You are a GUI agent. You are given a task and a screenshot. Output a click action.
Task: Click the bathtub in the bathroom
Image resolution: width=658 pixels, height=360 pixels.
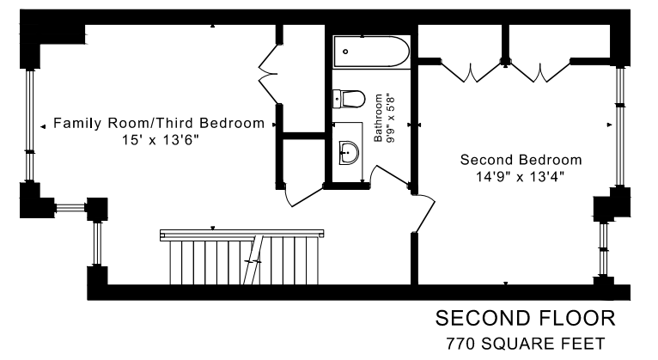tap(371, 52)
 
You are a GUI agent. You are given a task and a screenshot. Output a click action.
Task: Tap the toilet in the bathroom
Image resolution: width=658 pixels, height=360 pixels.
tap(349, 99)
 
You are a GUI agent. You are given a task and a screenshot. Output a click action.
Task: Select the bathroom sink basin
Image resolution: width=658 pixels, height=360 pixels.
tap(349, 153)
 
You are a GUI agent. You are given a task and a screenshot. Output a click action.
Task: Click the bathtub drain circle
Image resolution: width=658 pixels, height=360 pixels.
tap(345, 52)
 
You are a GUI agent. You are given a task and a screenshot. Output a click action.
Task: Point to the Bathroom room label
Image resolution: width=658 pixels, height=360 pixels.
tap(378, 118)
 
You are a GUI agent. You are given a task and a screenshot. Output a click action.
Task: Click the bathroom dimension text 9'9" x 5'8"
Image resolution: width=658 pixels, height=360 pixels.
tap(391, 120)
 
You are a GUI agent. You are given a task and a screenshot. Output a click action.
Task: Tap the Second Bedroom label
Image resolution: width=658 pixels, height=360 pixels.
tap(521, 160)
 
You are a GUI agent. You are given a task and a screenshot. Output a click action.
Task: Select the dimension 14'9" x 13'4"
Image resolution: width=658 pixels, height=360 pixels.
tap(520, 177)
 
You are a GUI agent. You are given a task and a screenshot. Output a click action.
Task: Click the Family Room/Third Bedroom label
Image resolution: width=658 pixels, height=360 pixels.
tap(159, 123)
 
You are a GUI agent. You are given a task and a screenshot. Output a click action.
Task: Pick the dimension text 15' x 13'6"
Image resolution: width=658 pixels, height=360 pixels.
tap(160, 140)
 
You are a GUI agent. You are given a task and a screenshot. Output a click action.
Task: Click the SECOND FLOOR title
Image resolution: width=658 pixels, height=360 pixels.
tap(526, 319)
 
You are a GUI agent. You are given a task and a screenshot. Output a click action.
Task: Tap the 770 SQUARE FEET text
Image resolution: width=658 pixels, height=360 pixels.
tap(526, 344)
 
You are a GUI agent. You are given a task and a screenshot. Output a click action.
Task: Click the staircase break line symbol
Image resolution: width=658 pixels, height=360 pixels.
tap(253, 260)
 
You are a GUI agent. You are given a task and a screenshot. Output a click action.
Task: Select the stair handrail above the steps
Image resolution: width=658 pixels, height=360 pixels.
tap(241, 235)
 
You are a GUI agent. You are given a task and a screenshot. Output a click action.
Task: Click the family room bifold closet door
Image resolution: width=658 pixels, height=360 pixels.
tap(269, 73)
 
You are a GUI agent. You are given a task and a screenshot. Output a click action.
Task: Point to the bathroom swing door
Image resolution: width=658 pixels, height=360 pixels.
tap(389, 175)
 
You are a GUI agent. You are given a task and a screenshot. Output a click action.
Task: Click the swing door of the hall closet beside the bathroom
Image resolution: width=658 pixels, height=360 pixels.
tap(303, 196)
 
